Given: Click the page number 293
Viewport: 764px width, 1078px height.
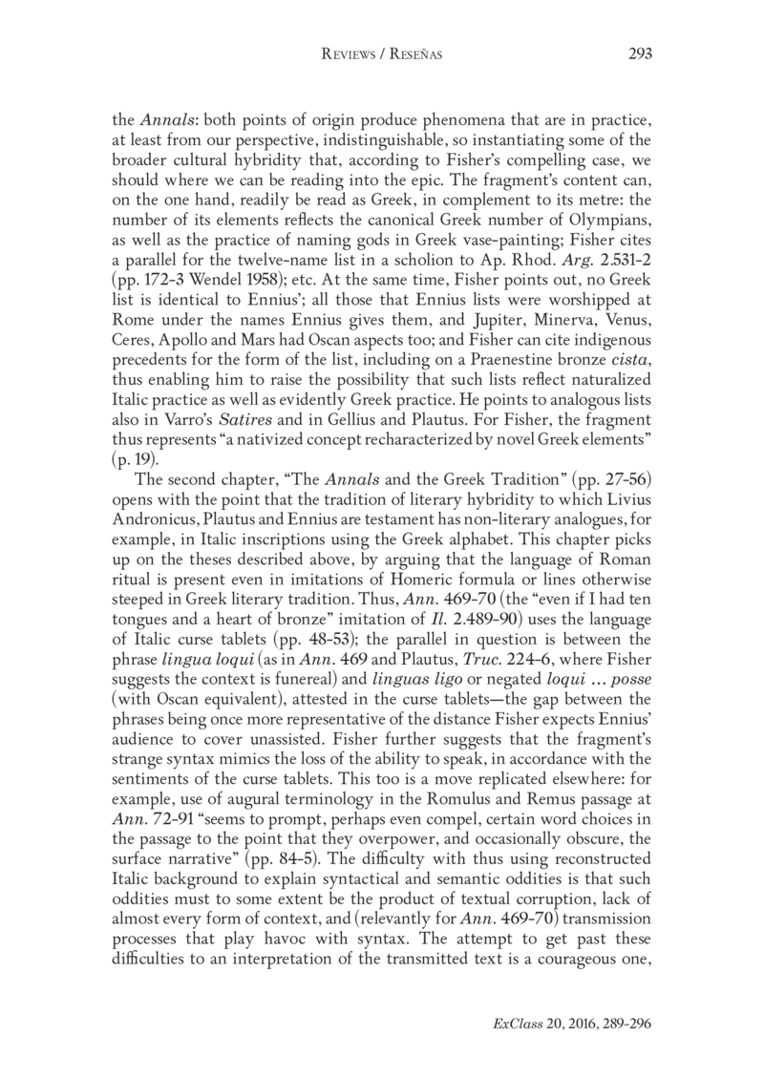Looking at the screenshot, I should (x=639, y=54).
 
